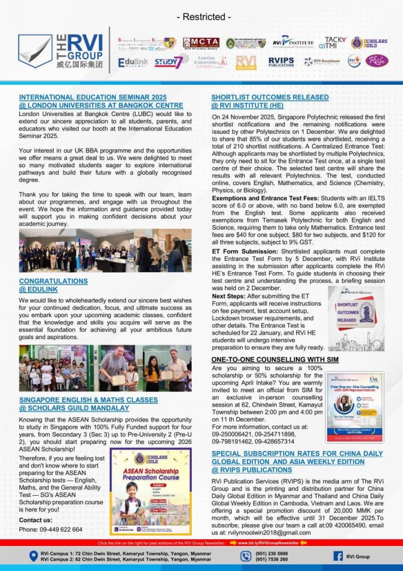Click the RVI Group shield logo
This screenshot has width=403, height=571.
[x=35, y=51]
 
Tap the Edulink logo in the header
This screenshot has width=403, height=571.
[x=133, y=62]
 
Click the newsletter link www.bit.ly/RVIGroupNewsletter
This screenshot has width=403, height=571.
[x=264, y=543]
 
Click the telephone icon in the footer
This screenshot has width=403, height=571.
[x=246, y=556]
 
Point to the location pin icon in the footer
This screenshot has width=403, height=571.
[x=33, y=556]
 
